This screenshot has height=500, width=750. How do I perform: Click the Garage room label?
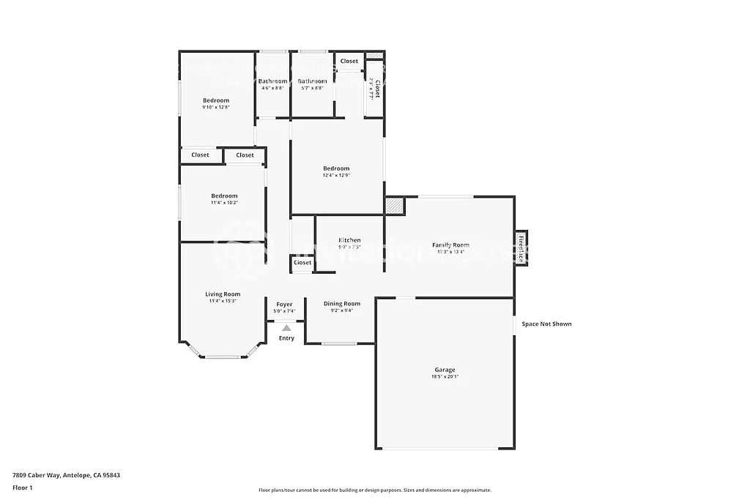click(445, 370)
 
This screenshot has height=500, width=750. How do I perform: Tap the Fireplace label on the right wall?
click(521, 248)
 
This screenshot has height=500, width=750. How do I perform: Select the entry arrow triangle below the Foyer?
click(286, 329)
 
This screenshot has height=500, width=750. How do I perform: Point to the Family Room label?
click(450, 245)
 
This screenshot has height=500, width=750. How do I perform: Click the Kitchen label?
click(349, 240)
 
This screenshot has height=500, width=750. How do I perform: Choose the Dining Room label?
click(342, 304)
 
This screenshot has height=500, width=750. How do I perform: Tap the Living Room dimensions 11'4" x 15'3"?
click(223, 301)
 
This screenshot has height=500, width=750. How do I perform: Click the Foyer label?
click(284, 305)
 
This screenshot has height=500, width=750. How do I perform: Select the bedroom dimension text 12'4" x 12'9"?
click(336, 175)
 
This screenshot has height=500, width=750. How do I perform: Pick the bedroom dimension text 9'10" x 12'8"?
click(216, 107)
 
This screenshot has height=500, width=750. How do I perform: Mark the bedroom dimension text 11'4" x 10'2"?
click(224, 203)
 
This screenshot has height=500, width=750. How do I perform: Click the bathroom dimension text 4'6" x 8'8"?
click(272, 88)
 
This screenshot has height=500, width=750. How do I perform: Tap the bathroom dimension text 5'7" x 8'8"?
click(312, 88)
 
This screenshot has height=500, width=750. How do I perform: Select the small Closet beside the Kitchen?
click(302, 263)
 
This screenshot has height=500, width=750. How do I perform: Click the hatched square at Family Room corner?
click(396, 206)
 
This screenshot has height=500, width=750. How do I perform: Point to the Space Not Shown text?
click(546, 324)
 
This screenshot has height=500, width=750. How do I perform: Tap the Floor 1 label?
click(23, 488)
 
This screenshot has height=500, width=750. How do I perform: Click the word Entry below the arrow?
click(286, 338)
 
